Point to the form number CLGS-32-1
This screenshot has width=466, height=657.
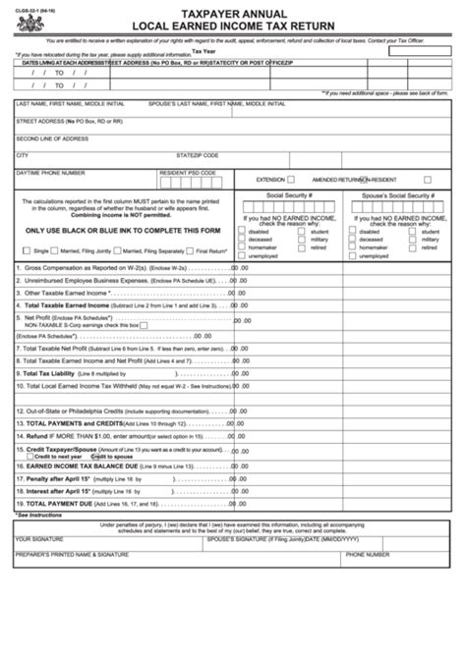[x=29, y=10]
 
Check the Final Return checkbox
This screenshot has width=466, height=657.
[x=192, y=250]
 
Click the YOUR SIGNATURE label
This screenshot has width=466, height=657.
[x=39, y=538]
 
